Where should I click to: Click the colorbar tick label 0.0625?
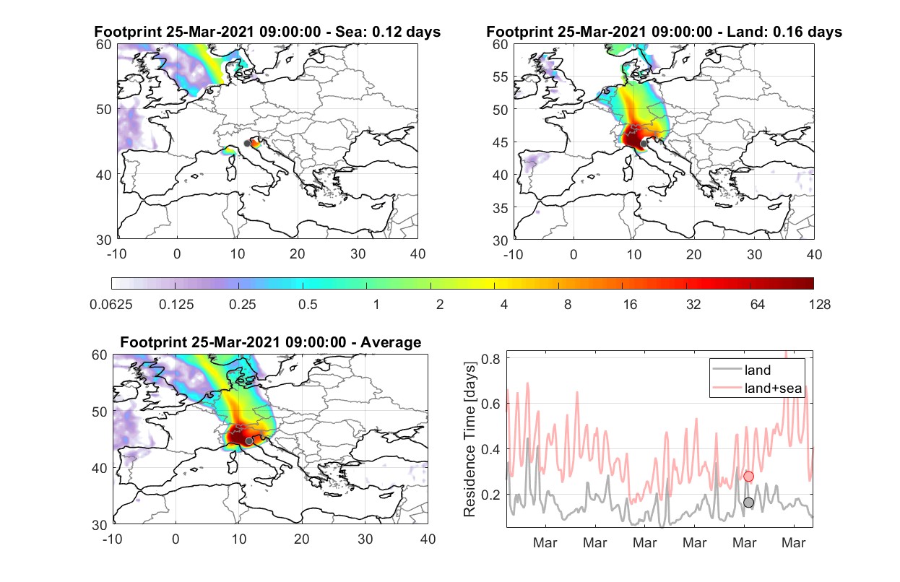pyautogui.click(x=111, y=305)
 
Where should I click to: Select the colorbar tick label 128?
pyautogui.click(x=819, y=305)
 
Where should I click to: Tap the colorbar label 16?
pyautogui.click(x=630, y=305)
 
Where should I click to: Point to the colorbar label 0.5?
pyautogui.click(x=308, y=305)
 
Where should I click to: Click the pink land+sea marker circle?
pyautogui.click(x=748, y=477)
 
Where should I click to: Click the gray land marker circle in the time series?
pyautogui.click(x=748, y=503)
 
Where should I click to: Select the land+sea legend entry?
pyautogui.click(x=757, y=388)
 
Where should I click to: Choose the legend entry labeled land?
pyautogui.click(x=742, y=370)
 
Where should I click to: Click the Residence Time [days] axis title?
pyautogui.click(x=470, y=439)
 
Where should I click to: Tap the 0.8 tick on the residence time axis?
pyautogui.click(x=490, y=359)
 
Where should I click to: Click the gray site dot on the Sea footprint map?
pyautogui.click(x=247, y=144)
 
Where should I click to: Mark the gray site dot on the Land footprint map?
pyautogui.click(x=644, y=144)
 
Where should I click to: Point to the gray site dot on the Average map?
pyautogui.click(x=249, y=441)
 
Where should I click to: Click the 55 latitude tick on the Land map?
pyautogui.click(x=500, y=77)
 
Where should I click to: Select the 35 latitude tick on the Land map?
pyautogui.click(x=500, y=208)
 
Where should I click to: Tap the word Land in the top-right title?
pyautogui.click(x=744, y=32)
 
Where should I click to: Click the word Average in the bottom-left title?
pyautogui.click(x=391, y=342)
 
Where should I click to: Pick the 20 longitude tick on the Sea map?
pyautogui.click(x=298, y=254)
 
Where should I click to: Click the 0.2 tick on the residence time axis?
pyautogui.click(x=490, y=495)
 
